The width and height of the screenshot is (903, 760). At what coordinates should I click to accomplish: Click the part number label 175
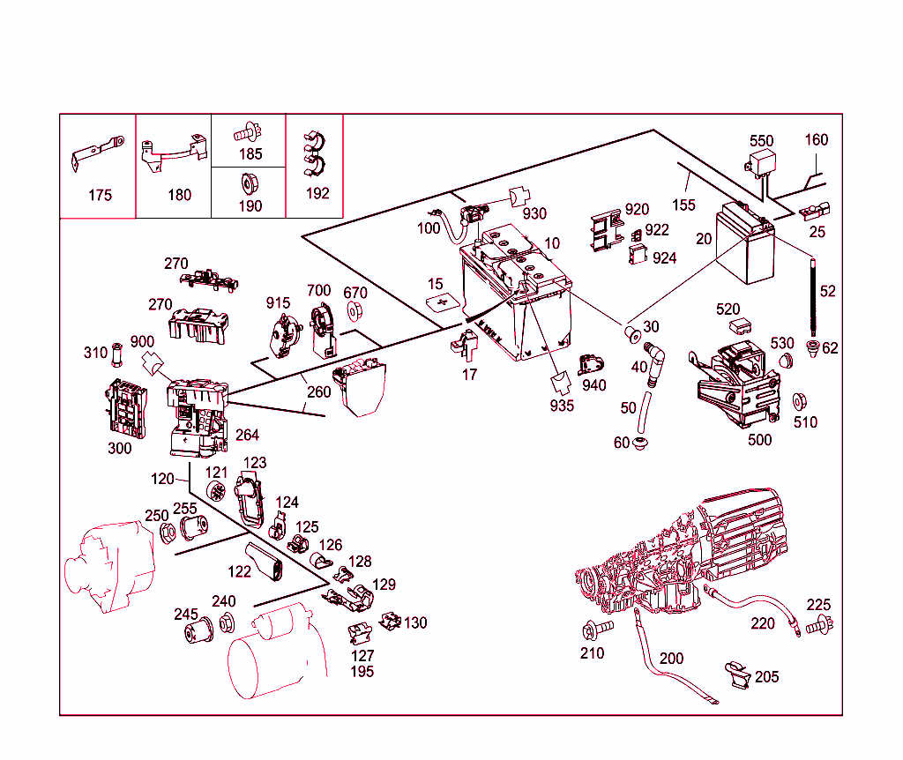[100, 195]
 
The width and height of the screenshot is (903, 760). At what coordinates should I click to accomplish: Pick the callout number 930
[534, 213]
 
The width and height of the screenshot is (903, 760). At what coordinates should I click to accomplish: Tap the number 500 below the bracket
[759, 440]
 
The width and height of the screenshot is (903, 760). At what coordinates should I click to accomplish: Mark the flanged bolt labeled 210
[592, 630]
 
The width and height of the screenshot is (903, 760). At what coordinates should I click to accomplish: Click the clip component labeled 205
[737, 674]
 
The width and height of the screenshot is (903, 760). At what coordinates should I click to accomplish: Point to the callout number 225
[818, 605]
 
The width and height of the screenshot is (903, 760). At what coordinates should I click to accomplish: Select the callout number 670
[354, 293]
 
